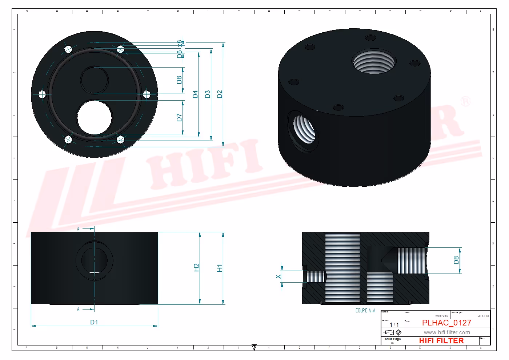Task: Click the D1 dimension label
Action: point(94,322)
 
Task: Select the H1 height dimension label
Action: point(219,268)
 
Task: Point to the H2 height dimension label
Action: point(196,268)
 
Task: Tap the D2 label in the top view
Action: point(219,94)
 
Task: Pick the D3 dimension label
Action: point(207,94)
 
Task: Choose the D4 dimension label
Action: point(195,94)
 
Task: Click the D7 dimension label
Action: point(179,117)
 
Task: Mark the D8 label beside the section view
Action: point(456,260)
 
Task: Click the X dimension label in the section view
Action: point(278,277)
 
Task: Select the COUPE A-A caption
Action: point(365,311)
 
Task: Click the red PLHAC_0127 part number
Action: point(446,323)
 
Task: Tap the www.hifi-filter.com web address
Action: point(446,332)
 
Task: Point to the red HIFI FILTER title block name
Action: point(441,341)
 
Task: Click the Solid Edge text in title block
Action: point(393,339)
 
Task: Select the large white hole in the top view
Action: point(95,118)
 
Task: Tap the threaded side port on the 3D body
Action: point(304,130)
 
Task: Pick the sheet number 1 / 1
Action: point(394,325)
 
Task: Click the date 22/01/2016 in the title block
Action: point(442,316)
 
